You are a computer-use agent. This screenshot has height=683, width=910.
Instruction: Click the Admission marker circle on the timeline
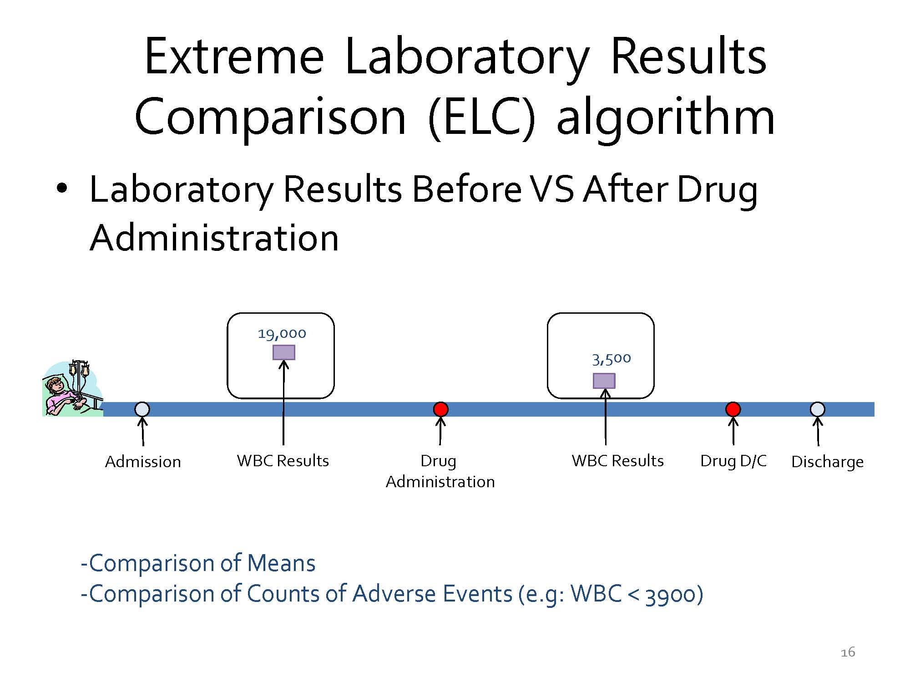tap(142, 409)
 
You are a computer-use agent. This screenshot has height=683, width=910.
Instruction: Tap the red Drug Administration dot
tap(440, 409)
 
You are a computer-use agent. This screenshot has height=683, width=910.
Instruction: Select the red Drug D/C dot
tap(733, 409)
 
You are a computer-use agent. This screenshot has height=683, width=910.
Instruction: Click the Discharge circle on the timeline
tap(818, 409)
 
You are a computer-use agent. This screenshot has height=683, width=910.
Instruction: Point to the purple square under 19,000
tap(284, 352)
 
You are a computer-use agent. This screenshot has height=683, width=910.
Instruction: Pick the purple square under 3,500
tap(604, 381)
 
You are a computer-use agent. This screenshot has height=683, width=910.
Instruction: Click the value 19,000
tap(282, 334)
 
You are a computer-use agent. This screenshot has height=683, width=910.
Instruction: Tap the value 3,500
tap(612, 359)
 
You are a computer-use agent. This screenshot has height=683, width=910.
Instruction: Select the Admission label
tap(143, 462)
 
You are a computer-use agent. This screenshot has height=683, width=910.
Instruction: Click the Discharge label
tap(828, 462)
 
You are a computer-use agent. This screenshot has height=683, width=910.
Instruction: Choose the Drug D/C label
tap(733, 461)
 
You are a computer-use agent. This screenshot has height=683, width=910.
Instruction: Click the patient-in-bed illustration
tap(73, 388)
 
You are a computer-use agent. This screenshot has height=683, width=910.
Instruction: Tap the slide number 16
tap(848, 652)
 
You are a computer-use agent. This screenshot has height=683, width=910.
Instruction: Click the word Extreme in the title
tap(234, 57)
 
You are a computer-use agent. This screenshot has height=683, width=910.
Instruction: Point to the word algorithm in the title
tap(666, 117)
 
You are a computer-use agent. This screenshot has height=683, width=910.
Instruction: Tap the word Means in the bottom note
tap(281, 563)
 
